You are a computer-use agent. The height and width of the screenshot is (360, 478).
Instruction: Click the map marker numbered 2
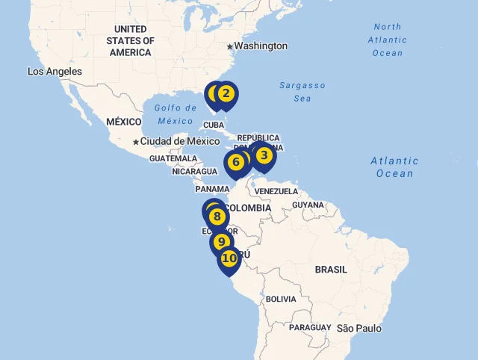[x=226, y=94]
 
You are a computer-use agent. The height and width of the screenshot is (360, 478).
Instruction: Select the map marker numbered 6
[x=236, y=162]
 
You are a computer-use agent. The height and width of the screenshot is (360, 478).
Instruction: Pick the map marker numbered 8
[x=217, y=217]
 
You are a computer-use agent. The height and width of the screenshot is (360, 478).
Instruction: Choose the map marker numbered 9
[x=221, y=242]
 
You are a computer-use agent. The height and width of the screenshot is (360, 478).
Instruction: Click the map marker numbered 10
[x=229, y=258]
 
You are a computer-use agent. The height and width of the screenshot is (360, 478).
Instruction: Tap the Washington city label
[x=261, y=46]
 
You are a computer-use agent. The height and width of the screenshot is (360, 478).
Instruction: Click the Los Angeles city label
[x=55, y=72]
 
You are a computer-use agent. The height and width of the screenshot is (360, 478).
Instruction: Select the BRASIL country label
[x=331, y=270]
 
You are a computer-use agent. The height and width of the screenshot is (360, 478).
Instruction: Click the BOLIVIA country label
[x=281, y=299]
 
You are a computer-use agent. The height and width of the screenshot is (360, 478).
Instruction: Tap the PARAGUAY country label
[x=310, y=328]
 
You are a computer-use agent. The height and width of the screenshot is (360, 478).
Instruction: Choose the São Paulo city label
[x=359, y=329]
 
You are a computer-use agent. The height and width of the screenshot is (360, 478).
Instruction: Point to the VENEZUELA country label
[x=276, y=192]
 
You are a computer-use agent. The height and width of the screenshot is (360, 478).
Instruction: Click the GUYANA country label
[x=308, y=205]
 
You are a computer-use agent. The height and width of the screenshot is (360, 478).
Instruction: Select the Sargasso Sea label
[x=302, y=92]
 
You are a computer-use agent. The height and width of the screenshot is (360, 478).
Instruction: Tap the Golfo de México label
[x=176, y=114]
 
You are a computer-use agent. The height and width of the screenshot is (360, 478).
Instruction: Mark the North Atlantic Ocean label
[x=388, y=40]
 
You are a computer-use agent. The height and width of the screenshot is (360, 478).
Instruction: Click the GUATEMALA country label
[x=173, y=159]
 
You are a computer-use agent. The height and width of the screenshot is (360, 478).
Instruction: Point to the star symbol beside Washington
[x=230, y=46]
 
